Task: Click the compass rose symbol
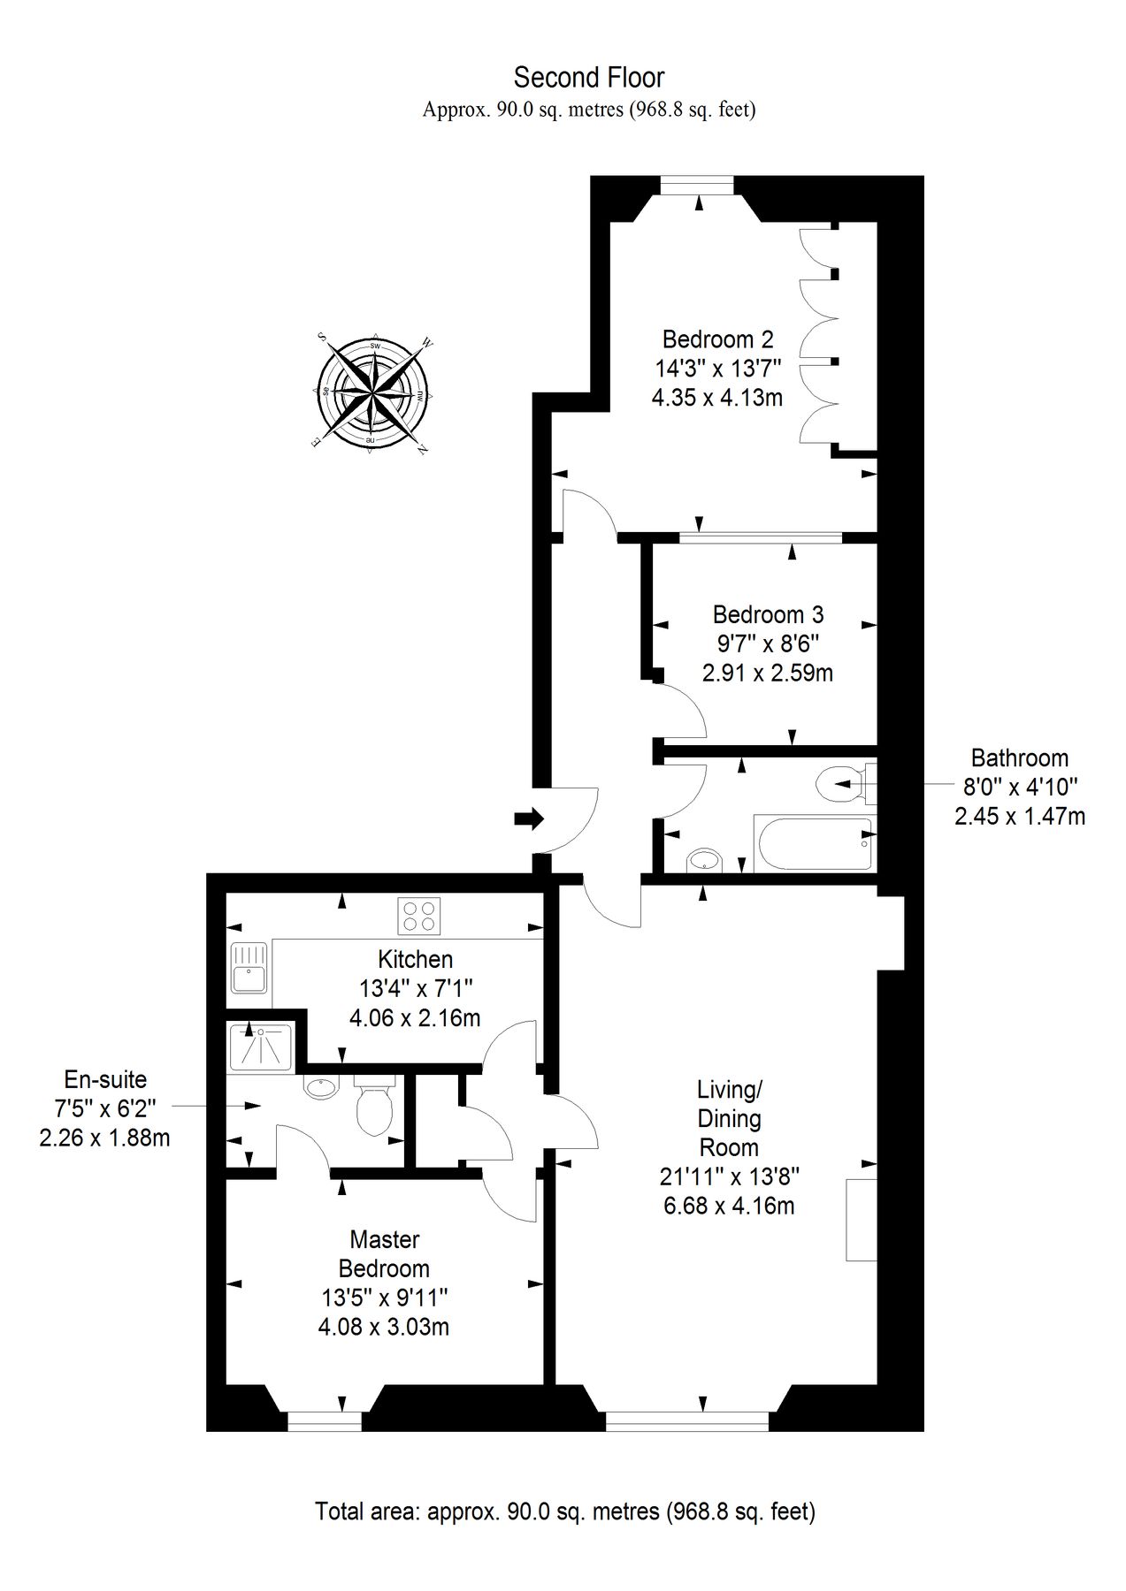(372, 392)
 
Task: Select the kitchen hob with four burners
(419, 916)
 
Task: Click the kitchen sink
(249, 970)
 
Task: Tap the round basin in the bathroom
(704, 860)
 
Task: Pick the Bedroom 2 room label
(717, 339)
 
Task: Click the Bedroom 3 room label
(768, 613)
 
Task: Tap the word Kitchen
(415, 959)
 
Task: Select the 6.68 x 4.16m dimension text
(729, 1205)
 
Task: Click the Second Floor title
(589, 78)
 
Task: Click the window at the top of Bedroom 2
(698, 186)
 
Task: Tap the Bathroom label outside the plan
(1019, 757)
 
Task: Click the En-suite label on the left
(105, 1079)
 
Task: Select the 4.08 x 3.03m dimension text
(384, 1327)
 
